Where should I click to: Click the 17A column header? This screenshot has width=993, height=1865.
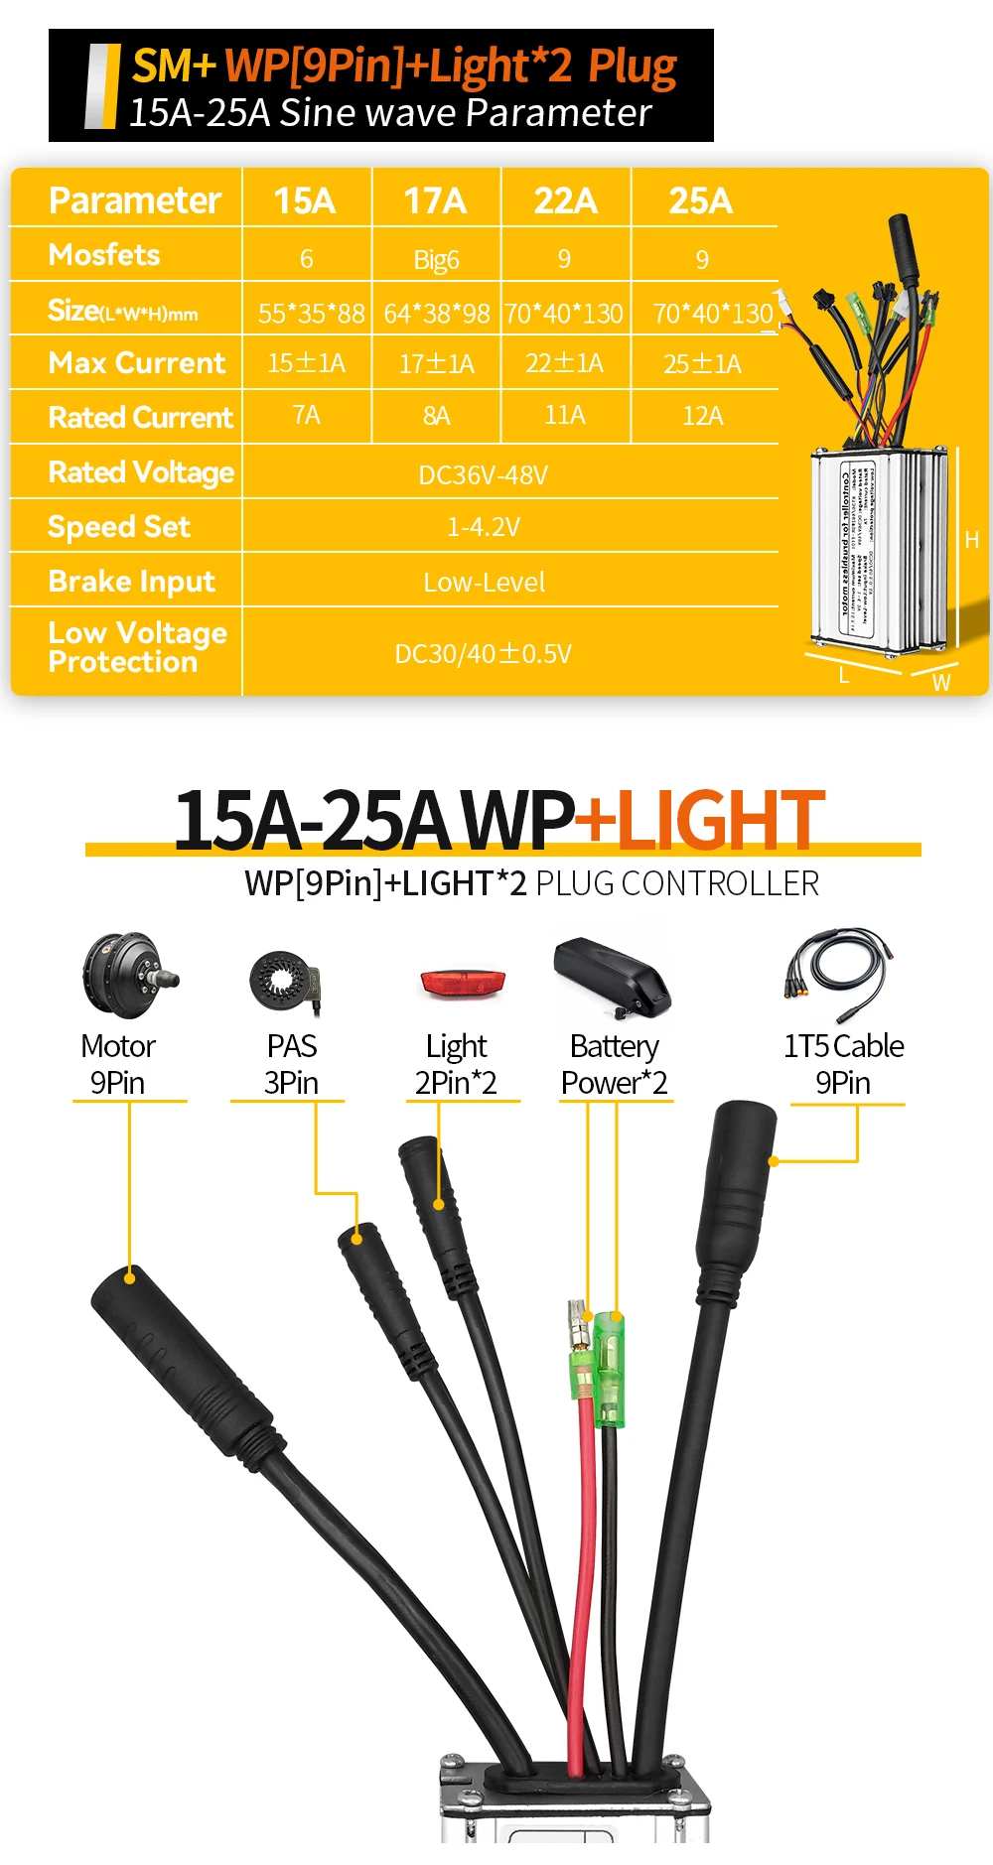tap(435, 200)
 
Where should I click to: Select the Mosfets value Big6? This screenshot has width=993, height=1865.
tap(436, 260)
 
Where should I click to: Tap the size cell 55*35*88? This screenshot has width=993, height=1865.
tap(311, 314)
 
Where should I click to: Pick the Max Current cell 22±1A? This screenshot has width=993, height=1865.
tap(564, 363)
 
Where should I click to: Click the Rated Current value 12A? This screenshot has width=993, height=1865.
tap(702, 416)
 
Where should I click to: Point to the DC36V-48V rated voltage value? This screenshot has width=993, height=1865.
tap(484, 474)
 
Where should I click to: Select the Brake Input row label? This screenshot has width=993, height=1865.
tap(131, 581)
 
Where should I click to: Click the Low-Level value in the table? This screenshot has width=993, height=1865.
tap(484, 582)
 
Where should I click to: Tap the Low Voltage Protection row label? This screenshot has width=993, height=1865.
tap(137, 647)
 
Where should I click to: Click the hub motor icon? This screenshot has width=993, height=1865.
tap(128, 975)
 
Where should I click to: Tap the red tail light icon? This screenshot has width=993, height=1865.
tap(463, 984)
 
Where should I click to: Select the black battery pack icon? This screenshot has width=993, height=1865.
tap(612, 977)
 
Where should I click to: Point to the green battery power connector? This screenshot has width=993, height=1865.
tap(609, 1370)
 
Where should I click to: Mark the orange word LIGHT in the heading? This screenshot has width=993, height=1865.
tap(720, 821)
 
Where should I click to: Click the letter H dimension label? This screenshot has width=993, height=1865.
tap(972, 540)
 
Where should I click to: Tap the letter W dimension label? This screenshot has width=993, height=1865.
tap(941, 683)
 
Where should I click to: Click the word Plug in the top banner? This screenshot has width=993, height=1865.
tap(633, 67)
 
